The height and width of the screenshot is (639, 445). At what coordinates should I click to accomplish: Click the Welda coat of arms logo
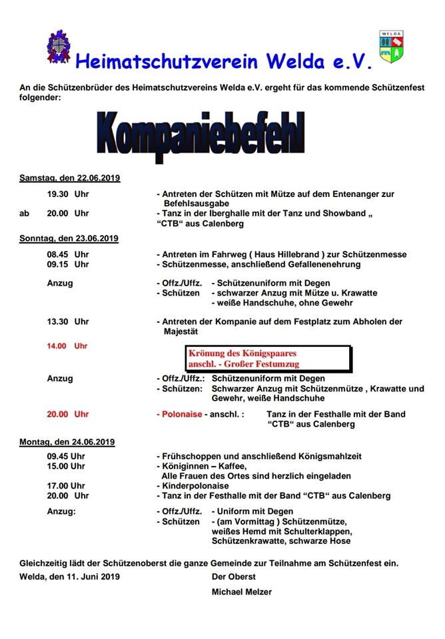[x=391, y=47]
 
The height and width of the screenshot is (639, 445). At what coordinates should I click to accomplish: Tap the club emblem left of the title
[x=59, y=47]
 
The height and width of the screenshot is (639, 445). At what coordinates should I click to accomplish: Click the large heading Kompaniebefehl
[x=200, y=136]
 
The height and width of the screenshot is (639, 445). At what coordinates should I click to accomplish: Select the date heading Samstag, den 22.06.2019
[x=69, y=178]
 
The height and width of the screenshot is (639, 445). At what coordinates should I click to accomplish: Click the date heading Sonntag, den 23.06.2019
[x=69, y=238]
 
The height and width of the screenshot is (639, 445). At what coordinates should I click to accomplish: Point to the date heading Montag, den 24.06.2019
[x=67, y=441]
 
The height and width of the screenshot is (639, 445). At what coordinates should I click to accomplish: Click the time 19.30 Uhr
[x=67, y=194]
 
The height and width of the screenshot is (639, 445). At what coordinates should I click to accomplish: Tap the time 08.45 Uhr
[x=67, y=254]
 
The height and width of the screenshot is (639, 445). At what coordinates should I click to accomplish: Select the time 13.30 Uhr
[x=67, y=321]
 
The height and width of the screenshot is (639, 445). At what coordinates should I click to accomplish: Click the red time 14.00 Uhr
[x=67, y=346]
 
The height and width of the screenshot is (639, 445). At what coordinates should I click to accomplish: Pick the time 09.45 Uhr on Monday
[x=66, y=457]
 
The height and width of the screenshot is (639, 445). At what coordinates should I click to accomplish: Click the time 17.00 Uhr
[x=66, y=486]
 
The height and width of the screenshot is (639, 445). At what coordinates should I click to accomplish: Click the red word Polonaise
[x=182, y=414]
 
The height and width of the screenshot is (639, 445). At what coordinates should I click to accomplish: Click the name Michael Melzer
[x=242, y=592]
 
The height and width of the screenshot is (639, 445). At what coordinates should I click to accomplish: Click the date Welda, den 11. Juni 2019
[x=69, y=576]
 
